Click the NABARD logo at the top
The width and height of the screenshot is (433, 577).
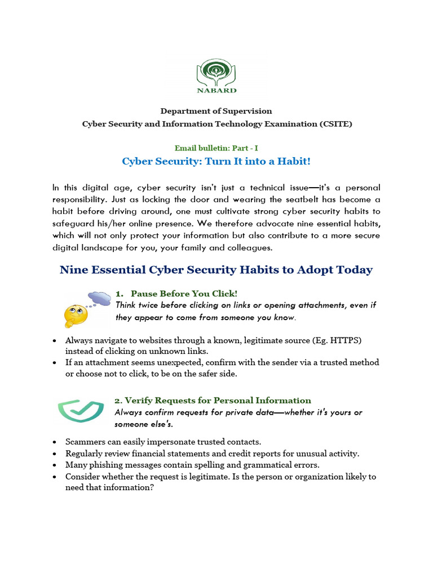pyautogui.click(x=216, y=78)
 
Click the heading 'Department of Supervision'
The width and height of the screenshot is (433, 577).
pyautogui.click(x=216, y=111)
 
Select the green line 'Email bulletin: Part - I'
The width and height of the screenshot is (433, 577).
pyautogui.click(x=216, y=148)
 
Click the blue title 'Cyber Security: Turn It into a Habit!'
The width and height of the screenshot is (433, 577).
pyautogui.click(x=216, y=162)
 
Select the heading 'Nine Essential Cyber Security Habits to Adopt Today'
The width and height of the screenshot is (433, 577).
pyautogui.click(x=216, y=270)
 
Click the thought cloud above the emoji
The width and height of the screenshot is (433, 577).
pyautogui.click(x=100, y=298)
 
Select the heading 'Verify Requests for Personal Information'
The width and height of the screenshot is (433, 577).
pyautogui.click(x=213, y=401)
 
